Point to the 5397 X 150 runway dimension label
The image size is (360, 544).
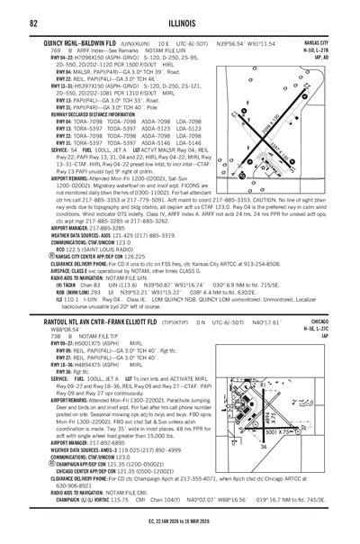(x=297, y=144)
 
